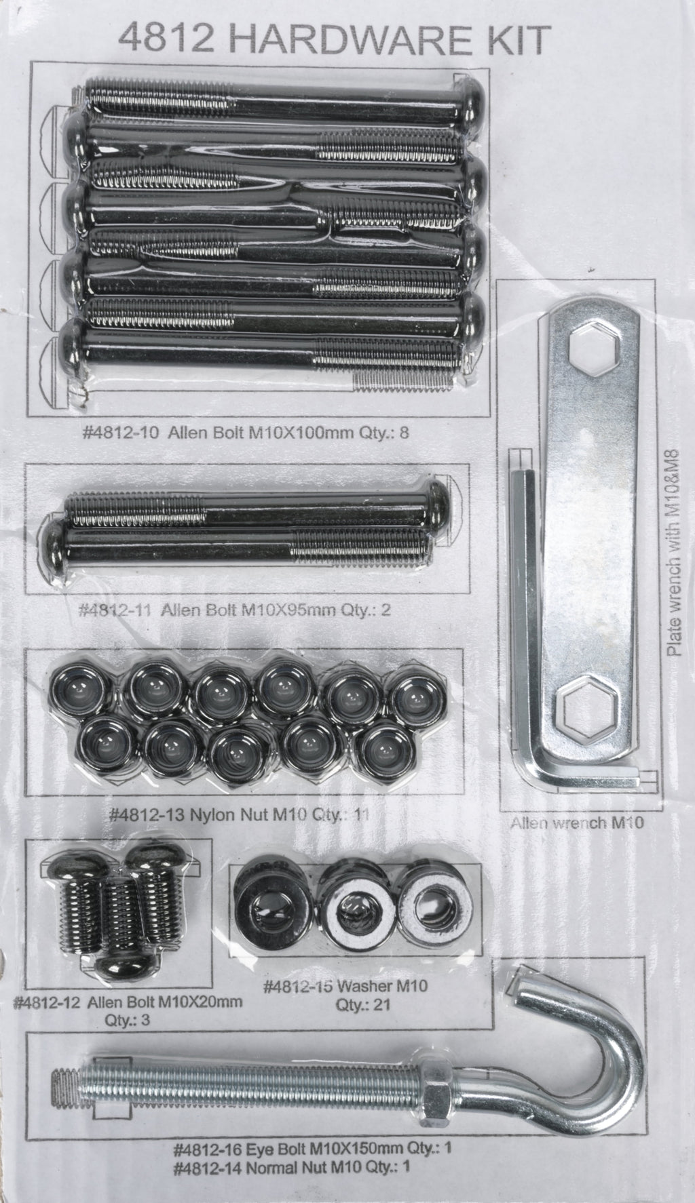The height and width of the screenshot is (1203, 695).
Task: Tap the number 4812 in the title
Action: [154, 39]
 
